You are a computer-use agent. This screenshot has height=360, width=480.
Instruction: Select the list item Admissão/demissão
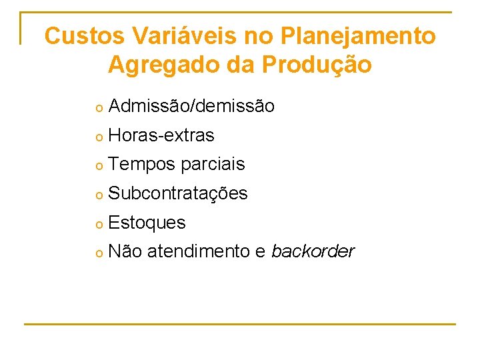(191, 106)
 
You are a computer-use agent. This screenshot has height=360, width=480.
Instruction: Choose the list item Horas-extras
(161, 135)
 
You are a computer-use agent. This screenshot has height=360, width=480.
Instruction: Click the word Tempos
(141, 165)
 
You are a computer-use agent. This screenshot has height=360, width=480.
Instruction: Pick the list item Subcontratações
(177, 193)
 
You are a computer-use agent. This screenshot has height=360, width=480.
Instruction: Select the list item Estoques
(147, 223)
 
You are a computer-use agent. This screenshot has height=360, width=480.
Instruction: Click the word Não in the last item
(125, 251)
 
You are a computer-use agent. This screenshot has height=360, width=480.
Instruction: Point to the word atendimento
(197, 251)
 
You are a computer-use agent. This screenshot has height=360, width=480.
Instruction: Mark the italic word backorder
(313, 251)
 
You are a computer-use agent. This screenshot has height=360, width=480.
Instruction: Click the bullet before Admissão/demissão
(97, 107)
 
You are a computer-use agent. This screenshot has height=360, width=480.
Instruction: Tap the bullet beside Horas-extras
(97, 137)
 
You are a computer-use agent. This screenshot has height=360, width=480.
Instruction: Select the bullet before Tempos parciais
(97, 165)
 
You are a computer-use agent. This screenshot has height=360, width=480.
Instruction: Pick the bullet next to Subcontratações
(97, 195)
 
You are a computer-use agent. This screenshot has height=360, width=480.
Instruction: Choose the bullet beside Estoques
(97, 223)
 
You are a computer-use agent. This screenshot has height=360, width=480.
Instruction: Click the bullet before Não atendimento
(97, 253)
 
